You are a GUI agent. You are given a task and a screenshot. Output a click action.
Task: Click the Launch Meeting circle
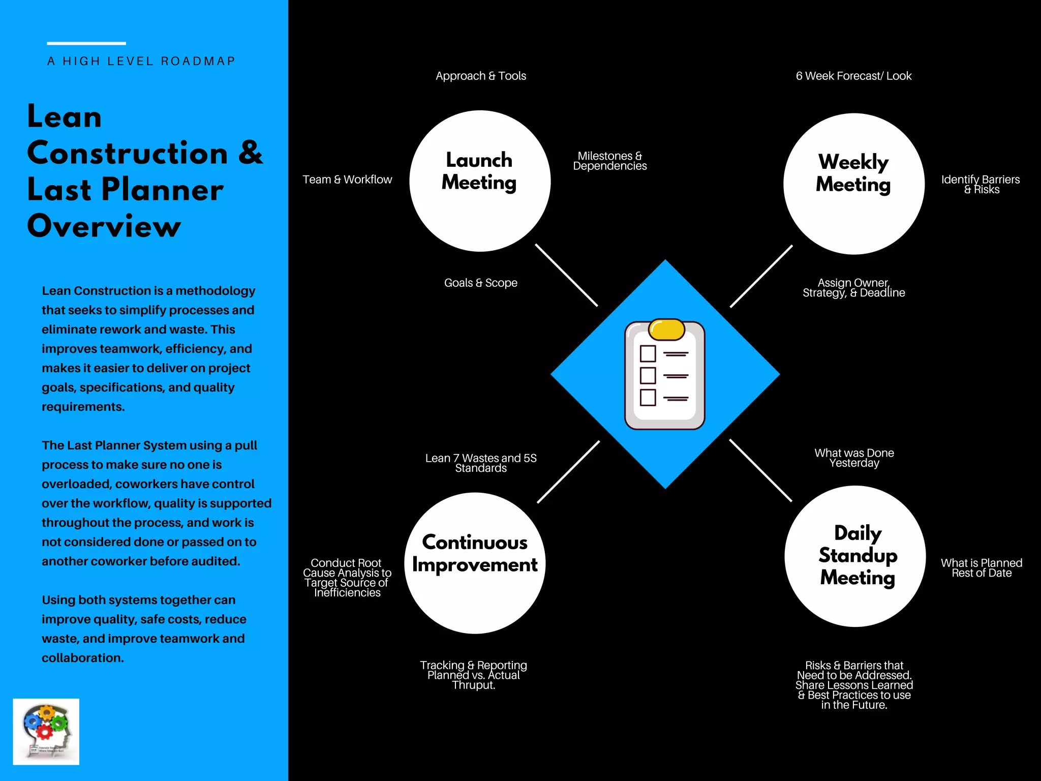click(x=480, y=181)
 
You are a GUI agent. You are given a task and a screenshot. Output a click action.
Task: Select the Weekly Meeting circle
click(x=854, y=184)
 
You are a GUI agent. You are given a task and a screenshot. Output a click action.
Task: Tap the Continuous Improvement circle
click(x=475, y=563)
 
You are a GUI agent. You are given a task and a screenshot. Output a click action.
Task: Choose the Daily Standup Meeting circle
click(x=855, y=556)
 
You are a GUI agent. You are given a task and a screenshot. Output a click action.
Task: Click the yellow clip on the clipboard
click(x=667, y=329)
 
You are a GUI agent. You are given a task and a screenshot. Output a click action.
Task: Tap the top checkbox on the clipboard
click(x=648, y=353)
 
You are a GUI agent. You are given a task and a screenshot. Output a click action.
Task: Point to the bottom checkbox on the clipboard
click(x=648, y=397)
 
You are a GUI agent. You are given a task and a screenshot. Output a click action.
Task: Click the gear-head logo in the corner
click(x=46, y=732)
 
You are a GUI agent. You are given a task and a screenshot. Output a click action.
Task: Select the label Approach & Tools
click(x=481, y=76)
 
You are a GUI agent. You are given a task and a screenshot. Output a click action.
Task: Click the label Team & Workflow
click(x=347, y=179)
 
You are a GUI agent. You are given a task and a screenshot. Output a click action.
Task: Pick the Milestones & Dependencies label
click(x=610, y=161)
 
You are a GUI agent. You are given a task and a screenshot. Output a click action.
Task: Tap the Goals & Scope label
click(x=481, y=283)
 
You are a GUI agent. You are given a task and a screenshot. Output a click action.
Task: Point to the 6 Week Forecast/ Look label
click(x=854, y=76)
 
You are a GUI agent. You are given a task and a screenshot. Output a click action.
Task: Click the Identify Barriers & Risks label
click(x=981, y=184)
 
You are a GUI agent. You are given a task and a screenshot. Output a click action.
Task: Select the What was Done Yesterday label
click(x=854, y=458)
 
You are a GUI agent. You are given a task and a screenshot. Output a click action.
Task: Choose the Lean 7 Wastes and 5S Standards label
click(x=481, y=463)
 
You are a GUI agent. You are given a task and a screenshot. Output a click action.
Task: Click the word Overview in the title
click(x=104, y=226)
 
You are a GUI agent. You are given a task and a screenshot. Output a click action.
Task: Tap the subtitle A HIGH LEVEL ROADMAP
click(x=141, y=62)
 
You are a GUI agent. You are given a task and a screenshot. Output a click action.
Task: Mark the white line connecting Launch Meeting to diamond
click(x=566, y=275)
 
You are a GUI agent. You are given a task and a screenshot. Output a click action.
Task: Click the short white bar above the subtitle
click(x=86, y=43)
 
